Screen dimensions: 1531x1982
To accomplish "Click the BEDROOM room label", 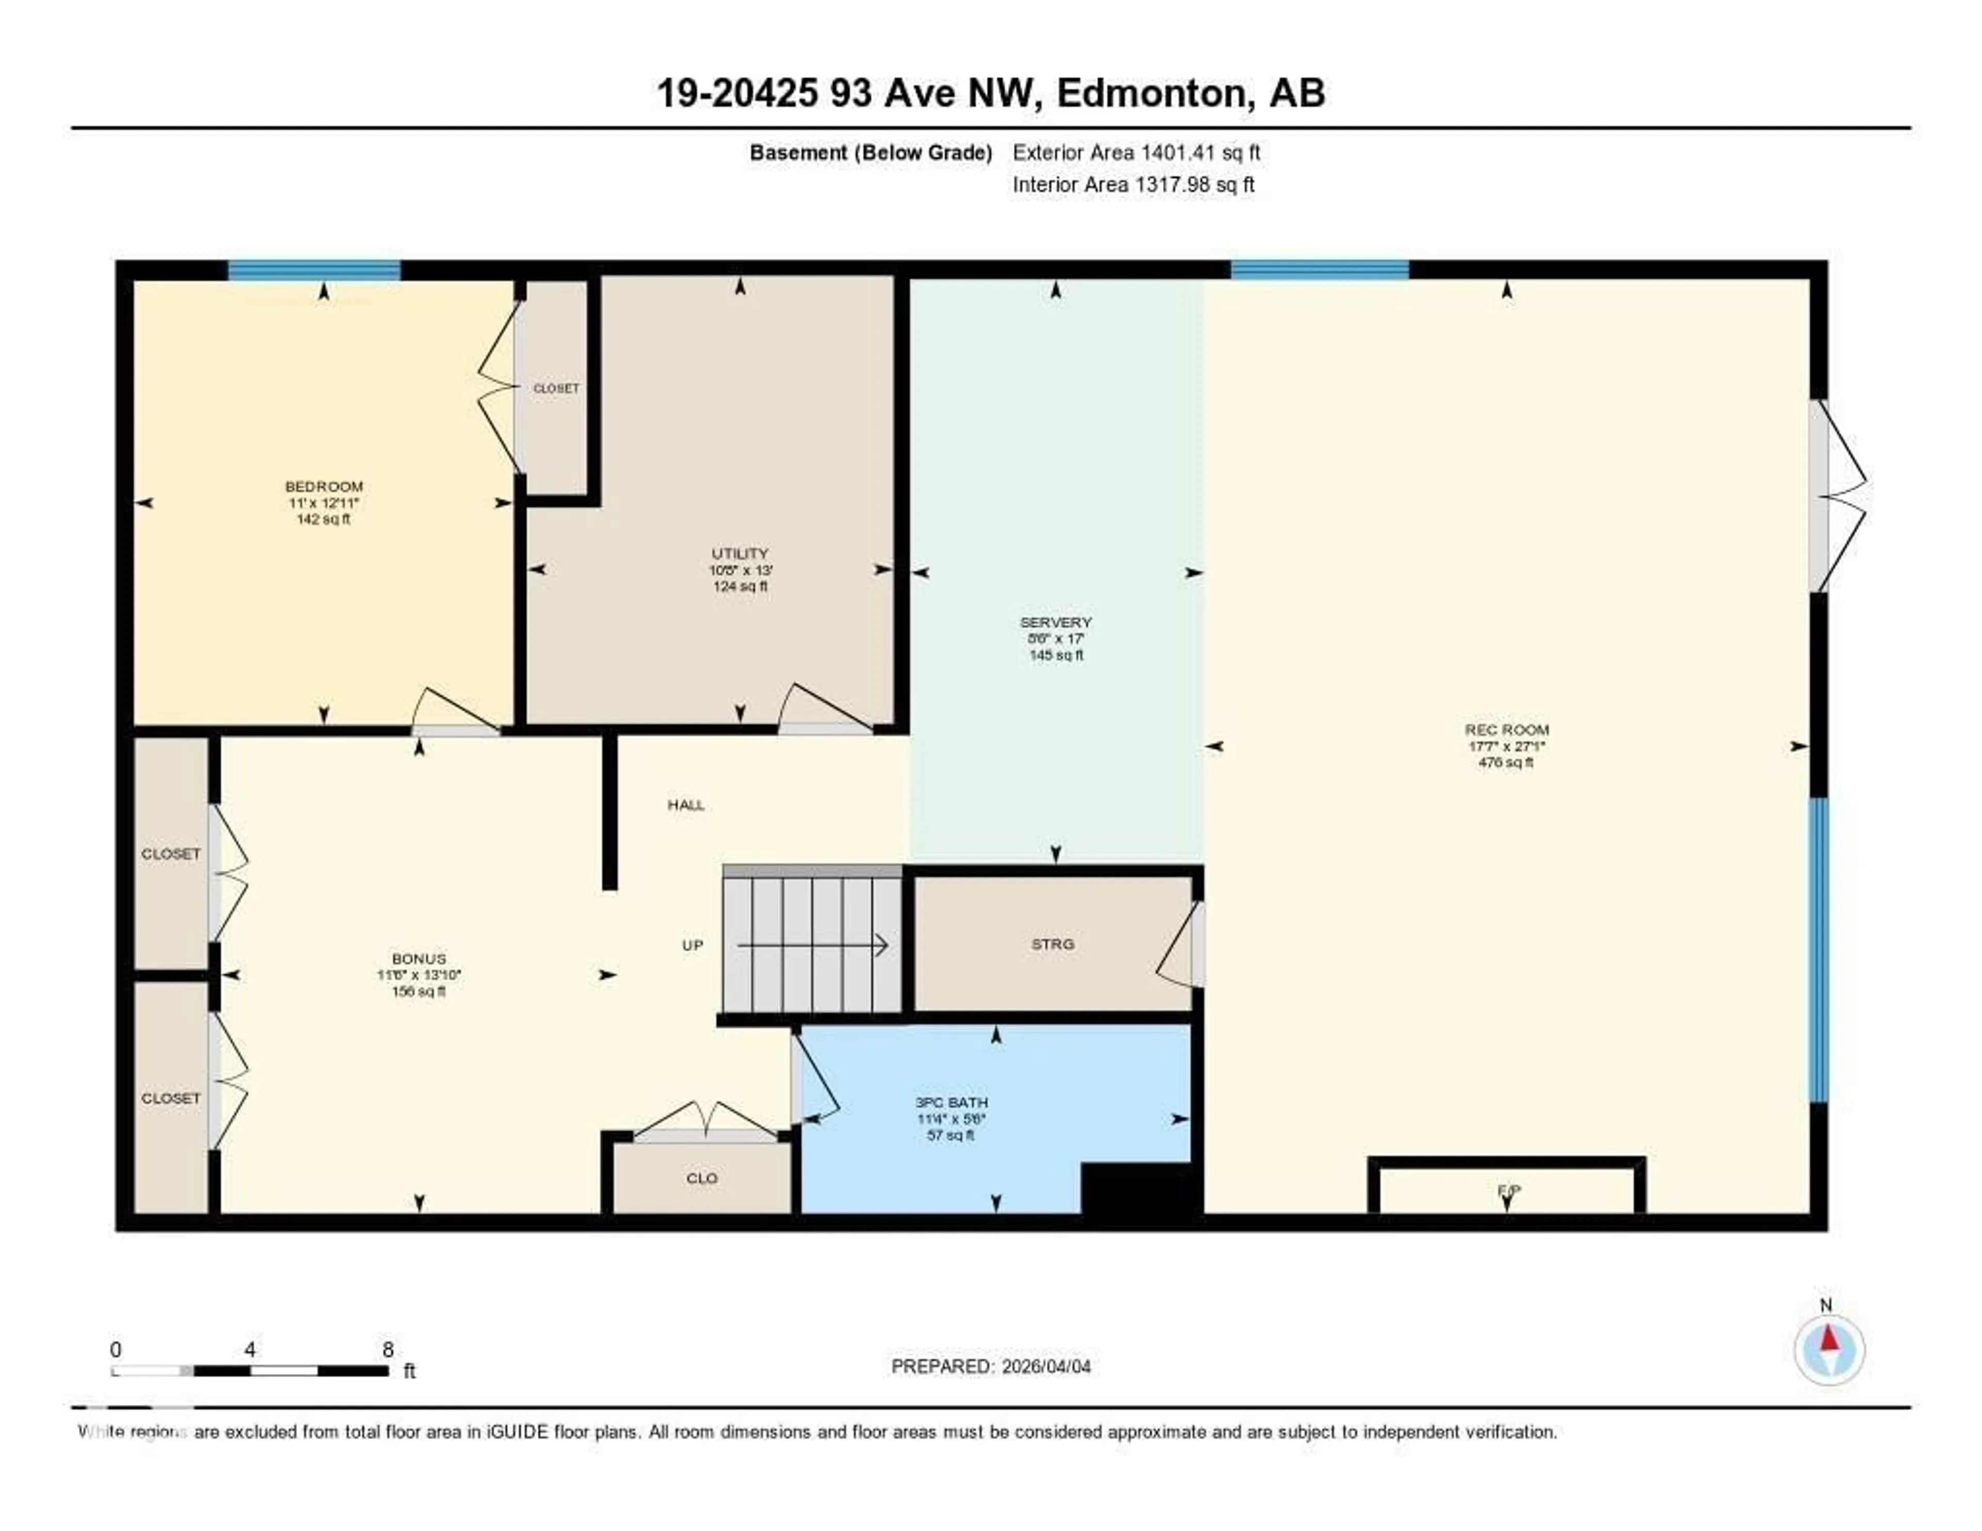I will (x=324, y=486).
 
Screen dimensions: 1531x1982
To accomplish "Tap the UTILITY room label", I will (x=740, y=553).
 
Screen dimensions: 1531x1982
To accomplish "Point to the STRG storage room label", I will (x=1053, y=944).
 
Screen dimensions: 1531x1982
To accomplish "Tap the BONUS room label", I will (x=419, y=959).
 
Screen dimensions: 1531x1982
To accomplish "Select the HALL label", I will (x=686, y=805).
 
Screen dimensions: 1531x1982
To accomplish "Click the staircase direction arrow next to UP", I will (x=812, y=946).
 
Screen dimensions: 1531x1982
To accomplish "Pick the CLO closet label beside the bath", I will (x=701, y=1178).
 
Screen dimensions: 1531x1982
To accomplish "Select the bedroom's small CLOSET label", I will (x=555, y=388).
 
